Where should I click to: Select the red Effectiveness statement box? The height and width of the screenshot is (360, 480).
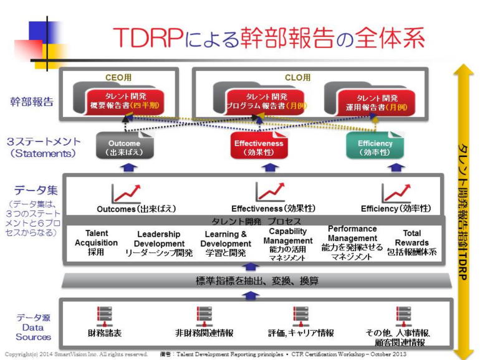coord(258,147)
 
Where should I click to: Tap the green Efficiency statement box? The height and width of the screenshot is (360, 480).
coord(375,147)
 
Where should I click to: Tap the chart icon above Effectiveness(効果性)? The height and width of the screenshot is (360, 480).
coord(270,192)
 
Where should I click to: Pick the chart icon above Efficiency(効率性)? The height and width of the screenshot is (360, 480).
coord(396,192)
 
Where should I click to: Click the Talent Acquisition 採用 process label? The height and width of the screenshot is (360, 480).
coord(96,243)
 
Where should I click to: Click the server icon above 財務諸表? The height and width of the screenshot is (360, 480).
coord(104,315)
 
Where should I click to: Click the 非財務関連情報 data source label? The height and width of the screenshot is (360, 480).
coord(204,333)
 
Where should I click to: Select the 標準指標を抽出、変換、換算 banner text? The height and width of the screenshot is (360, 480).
coord(257,282)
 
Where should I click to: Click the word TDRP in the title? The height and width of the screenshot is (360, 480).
coord(148,39)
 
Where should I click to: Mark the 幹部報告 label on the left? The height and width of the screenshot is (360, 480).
coord(32,102)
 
